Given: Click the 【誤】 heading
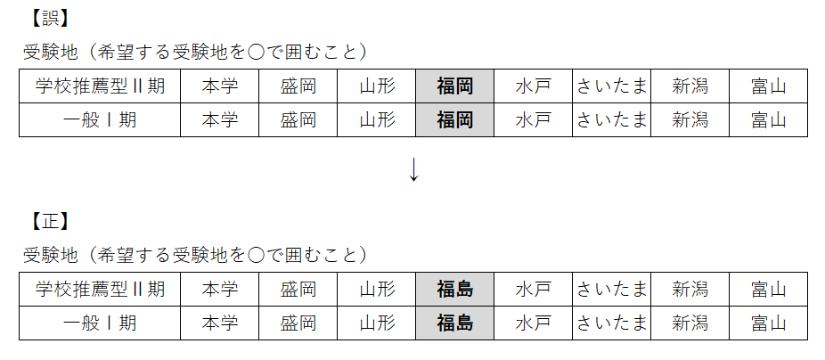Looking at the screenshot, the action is point(48,19).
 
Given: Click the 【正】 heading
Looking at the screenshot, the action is point(48,222).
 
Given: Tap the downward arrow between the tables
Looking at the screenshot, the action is point(413,169).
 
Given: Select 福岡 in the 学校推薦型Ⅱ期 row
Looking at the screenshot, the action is point(454,86).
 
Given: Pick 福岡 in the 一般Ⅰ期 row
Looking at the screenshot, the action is point(454,120).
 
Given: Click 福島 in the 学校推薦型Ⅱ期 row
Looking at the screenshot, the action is point(454,290).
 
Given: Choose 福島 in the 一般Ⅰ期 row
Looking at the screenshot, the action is point(454,323).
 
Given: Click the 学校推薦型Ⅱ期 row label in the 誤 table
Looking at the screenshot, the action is point(100,86).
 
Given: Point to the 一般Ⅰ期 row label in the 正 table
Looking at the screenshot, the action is point(100,323).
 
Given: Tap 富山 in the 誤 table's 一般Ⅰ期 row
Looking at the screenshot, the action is point(769,120).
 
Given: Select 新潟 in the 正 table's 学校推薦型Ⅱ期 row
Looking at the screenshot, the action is point(690,290).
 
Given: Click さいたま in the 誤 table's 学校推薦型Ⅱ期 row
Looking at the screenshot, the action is point(611,86).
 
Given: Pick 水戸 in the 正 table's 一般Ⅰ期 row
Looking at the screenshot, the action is point(533,323).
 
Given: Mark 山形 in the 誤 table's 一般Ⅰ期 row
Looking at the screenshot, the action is point(377,120).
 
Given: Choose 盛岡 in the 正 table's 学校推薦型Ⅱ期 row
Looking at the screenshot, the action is point(298,290).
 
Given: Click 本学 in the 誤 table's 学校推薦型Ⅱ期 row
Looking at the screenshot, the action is point(220,86).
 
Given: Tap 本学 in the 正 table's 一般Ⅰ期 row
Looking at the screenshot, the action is point(220,323).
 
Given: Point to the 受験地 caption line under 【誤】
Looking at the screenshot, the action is point(195,52).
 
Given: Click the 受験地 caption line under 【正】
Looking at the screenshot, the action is point(195,255).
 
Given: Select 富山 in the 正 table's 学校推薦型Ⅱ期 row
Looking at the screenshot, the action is point(769,290).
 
